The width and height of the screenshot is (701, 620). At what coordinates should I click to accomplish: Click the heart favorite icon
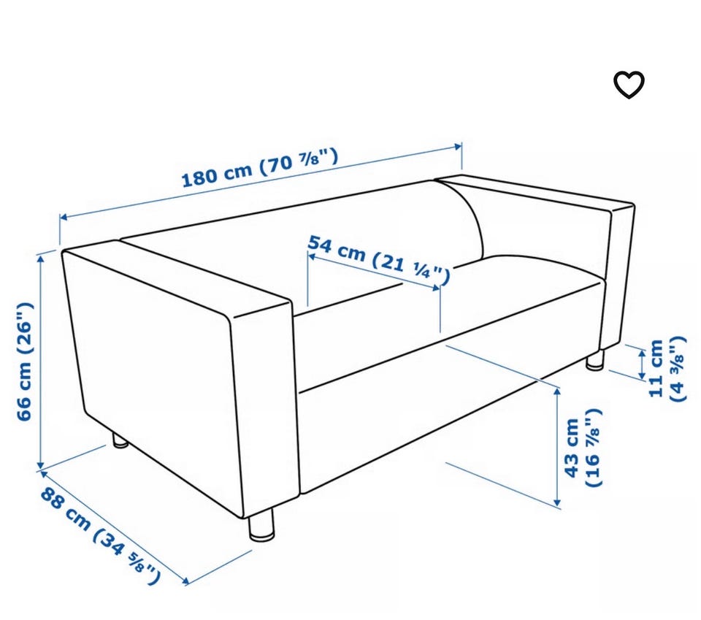pos(629,84)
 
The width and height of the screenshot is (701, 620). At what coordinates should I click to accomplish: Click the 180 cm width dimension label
pos(260,168)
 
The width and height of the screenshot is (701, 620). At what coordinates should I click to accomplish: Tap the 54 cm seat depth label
pos(378,260)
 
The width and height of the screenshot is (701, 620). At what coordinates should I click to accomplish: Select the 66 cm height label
pos(25,361)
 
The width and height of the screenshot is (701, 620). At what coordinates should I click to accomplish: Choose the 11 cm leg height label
pos(666,369)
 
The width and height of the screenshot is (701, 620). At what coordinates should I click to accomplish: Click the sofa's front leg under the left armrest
pos(261,526)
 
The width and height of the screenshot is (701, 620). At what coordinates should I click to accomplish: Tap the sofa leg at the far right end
pos(595,360)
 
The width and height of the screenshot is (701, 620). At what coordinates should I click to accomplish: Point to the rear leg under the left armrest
pos(119,441)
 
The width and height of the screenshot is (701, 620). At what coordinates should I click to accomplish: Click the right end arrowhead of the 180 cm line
pos(458,146)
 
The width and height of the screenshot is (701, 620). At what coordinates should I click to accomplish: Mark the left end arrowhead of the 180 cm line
pos(64,217)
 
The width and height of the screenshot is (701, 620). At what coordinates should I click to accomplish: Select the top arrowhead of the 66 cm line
pos(41,258)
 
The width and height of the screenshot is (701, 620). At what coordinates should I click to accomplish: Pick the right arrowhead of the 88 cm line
pos(184,581)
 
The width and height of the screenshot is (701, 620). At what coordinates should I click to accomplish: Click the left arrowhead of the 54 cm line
pos(312,256)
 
